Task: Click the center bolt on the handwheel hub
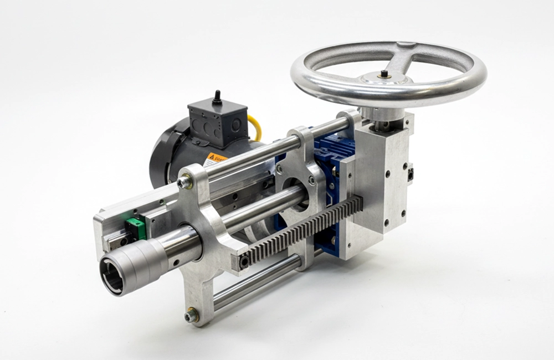point(383,74)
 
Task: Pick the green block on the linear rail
point(135,228)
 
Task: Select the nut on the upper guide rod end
point(184,182)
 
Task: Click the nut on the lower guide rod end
point(191,315)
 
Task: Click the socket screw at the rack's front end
point(244,262)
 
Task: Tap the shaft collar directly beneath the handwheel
point(383,113)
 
